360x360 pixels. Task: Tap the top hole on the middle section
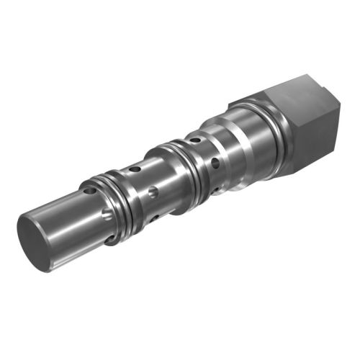(135, 169)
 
